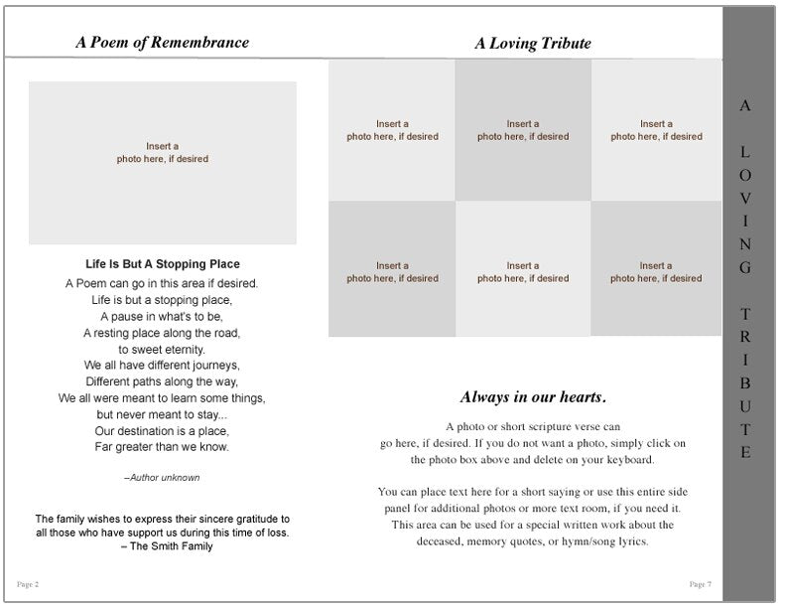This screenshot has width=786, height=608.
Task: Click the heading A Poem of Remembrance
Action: [162, 43]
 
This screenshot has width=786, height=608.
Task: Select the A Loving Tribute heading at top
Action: [532, 44]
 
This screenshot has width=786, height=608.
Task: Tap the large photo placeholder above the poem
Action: [163, 163]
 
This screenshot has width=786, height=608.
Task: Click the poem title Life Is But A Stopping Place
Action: [163, 264]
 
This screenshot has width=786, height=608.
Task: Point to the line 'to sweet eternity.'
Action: [162, 350]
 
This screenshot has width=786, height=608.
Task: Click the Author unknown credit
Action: [162, 478]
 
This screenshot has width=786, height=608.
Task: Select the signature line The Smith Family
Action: [162, 546]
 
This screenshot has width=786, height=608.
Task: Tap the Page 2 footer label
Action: [28, 583]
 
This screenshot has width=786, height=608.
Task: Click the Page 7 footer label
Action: [701, 583]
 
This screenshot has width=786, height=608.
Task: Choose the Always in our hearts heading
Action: [533, 397]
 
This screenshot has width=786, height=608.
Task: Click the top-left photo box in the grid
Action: [392, 130]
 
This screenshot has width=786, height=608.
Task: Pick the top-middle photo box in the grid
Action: [523, 130]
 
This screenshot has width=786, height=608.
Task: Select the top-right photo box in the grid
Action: [656, 130]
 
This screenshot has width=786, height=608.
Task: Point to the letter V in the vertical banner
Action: [745, 198]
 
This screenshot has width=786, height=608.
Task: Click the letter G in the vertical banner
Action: [745, 267]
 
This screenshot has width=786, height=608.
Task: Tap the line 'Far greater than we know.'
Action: [162, 447]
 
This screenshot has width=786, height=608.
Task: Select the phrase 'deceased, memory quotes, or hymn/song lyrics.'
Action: [533, 541]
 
